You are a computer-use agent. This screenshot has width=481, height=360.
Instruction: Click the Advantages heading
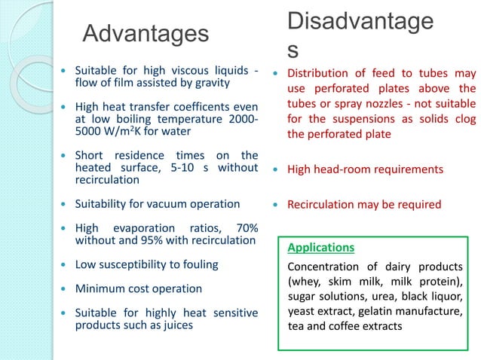146,34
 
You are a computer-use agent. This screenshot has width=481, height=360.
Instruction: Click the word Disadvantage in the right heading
360,22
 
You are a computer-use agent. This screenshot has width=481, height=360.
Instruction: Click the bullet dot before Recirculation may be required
276,204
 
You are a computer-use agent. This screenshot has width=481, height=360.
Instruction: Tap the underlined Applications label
321,247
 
